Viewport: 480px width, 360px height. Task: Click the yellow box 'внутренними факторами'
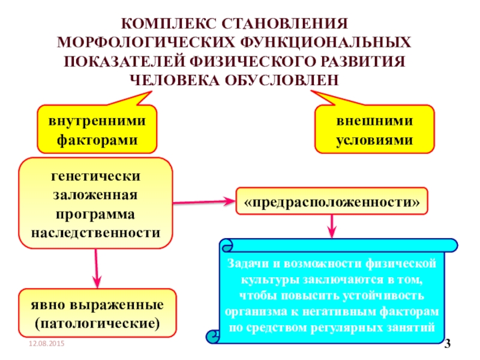pos(97,129)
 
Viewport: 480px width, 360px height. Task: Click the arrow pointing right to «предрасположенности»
pos(204,203)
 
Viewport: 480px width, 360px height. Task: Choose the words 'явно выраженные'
pos(97,305)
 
